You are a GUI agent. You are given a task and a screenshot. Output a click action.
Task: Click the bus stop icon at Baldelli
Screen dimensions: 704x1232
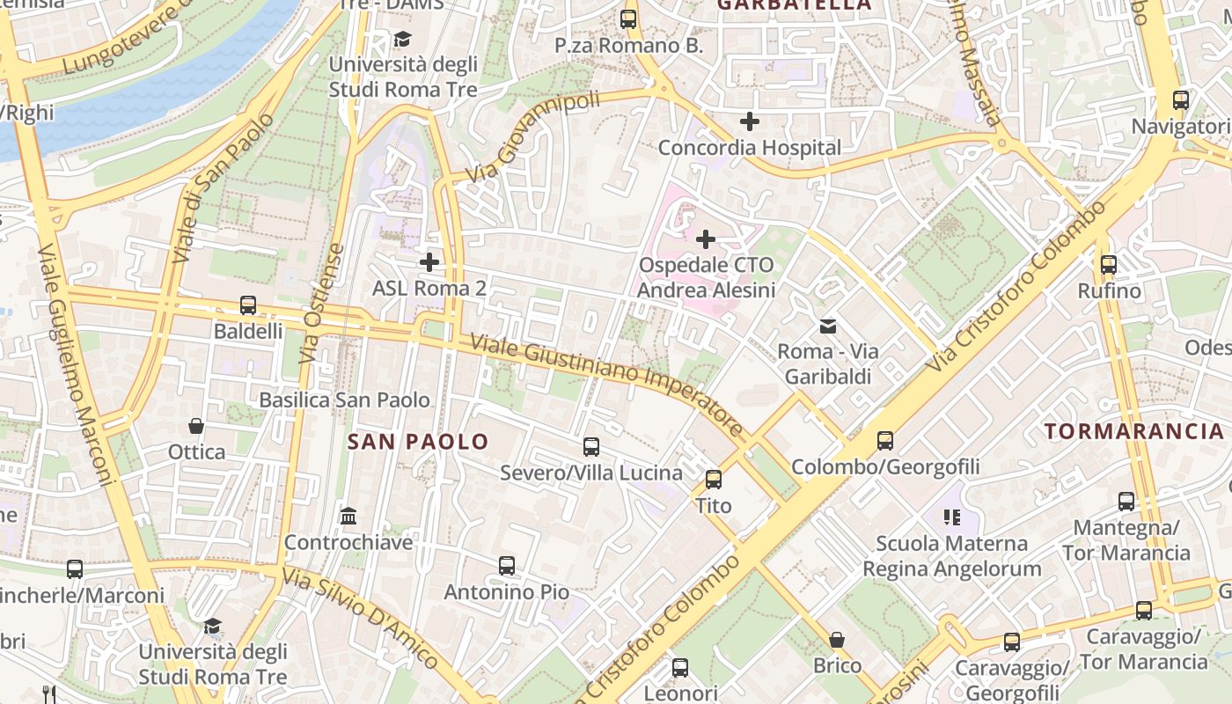pyautogui.click(x=248, y=305)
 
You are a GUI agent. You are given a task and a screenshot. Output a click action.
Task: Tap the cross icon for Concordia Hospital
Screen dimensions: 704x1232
pyautogui.click(x=749, y=121)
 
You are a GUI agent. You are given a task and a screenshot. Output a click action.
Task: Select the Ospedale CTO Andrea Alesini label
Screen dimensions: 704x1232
pyautogui.click(x=707, y=277)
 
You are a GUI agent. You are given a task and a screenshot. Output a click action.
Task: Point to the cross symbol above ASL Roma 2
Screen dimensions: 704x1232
pyautogui.click(x=429, y=262)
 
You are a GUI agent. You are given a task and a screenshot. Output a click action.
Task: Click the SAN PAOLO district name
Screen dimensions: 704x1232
pyautogui.click(x=418, y=442)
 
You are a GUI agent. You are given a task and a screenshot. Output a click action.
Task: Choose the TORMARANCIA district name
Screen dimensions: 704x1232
pyautogui.click(x=1134, y=431)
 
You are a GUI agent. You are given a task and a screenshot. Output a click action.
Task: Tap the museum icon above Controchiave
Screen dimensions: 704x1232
pyautogui.click(x=348, y=516)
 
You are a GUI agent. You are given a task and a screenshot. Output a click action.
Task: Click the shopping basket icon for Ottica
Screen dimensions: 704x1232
pyautogui.click(x=196, y=426)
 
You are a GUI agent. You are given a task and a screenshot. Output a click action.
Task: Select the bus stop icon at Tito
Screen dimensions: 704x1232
pyautogui.click(x=714, y=480)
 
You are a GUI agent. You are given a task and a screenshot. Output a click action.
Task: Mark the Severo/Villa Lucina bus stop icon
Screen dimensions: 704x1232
pyautogui.click(x=591, y=447)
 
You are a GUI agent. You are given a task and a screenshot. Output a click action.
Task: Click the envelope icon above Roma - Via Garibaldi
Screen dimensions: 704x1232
pyautogui.click(x=828, y=326)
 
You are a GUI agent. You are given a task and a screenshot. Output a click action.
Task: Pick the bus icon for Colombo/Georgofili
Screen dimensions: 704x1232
pyautogui.click(x=885, y=441)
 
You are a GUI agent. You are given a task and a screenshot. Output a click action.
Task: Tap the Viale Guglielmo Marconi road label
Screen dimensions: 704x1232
pyautogui.click(x=79, y=365)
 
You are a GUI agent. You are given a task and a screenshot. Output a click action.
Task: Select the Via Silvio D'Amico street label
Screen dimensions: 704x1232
pyautogui.click(x=361, y=618)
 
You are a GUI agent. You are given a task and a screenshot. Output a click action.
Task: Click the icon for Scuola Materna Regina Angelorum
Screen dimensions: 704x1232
pyautogui.click(x=951, y=517)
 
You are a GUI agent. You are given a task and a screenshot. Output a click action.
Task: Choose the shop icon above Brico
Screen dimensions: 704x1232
pyautogui.click(x=837, y=640)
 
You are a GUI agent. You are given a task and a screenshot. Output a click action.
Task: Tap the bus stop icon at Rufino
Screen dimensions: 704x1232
pyautogui.click(x=1109, y=265)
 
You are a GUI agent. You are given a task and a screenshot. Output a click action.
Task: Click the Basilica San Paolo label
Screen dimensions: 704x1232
pyautogui.click(x=344, y=400)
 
